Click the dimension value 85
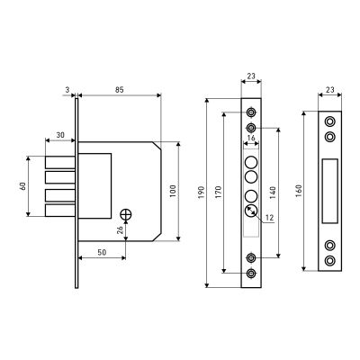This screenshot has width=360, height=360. [x=120, y=89]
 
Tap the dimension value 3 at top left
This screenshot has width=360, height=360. [x=67, y=89]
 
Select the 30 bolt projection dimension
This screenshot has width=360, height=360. [x=60, y=135]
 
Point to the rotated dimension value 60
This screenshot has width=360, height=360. [x=22, y=186]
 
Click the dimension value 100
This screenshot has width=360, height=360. [x=173, y=191]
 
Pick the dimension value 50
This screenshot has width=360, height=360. [x=102, y=253]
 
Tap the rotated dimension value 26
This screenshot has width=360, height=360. [x=120, y=230]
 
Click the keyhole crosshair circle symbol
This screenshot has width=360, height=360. [x=126, y=215]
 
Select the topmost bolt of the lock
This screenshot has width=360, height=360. [x=60, y=162]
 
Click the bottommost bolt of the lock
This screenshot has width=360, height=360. [x=60, y=211]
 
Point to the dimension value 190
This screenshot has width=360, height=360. [x=202, y=192]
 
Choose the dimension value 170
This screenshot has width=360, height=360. [x=219, y=192]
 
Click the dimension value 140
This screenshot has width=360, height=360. [x=273, y=192]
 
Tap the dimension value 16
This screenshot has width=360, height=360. [x=251, y=138]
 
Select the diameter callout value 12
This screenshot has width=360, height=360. [x=270, y=218]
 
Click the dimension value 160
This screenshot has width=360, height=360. [x=299, y=191]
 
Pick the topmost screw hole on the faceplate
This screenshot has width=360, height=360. [x=251, y=112]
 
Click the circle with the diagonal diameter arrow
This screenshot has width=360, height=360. [x=251, y=211]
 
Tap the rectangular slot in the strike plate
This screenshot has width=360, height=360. [x=330, y=191]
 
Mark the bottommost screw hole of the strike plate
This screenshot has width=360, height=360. [x=330, y=260]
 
